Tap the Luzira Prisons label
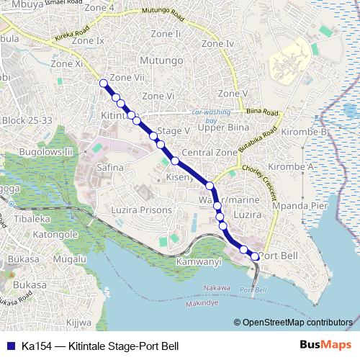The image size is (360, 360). [x=142, y=210]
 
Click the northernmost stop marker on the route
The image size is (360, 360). [x=104, y=83]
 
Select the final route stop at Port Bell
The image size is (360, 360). [x=254, y=256]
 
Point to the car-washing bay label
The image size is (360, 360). [x=215, y=116]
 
